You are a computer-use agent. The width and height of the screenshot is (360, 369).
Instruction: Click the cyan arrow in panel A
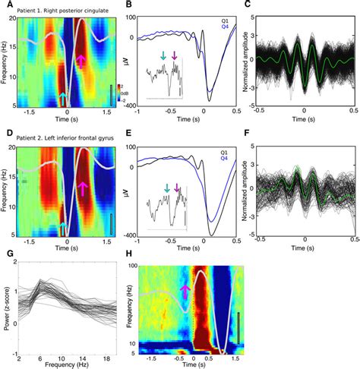point(62,97)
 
